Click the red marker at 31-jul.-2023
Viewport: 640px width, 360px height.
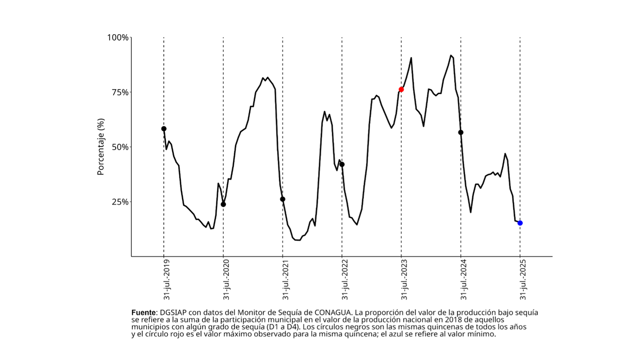pos(401,90)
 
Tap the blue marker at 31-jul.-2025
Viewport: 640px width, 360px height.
pos(520,223)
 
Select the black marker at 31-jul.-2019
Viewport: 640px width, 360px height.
pos(164,129)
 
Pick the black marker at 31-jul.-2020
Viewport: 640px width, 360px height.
pos(223,204)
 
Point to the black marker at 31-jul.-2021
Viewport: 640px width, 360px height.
pos(283,199)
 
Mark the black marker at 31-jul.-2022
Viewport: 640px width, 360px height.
pos(342,165)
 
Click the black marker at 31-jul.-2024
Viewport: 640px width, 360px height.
pos(461,133)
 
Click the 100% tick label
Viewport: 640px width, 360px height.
pos(118,37)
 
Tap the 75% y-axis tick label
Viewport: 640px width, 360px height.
pos(119,92)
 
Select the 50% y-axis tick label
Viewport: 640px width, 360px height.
pos(119,147)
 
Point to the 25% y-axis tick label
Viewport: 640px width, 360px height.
pos(119,202)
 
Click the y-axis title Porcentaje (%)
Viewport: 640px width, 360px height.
pos(100,147)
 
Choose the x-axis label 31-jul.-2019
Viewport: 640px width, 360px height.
pos(167,280)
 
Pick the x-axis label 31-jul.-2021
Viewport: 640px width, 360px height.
pos(286,280)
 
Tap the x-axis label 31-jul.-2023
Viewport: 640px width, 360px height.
pos(405,280)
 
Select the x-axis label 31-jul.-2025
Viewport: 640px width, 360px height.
pos(524,280)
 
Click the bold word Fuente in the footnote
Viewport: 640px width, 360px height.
pos(143,312)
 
